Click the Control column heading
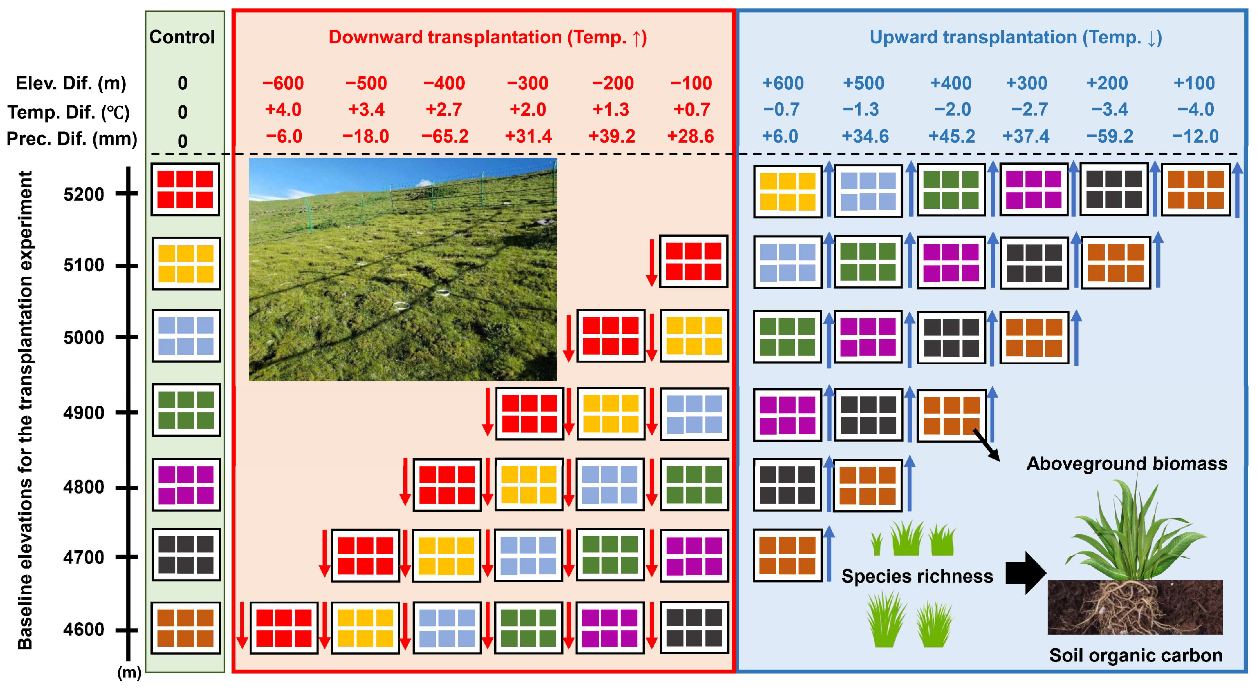[x=182, y=37]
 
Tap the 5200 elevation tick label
[x=84, y=194]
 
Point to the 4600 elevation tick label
[x=84, y=629]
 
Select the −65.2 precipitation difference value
[x=445, y=136]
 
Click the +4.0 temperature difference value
[x=283, y=109]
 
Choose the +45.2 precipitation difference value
[x=951, y=136]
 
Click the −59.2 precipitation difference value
[x=1109, y=136]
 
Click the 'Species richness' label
[x=917, y=576]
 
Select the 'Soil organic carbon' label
[x=1136, y=655]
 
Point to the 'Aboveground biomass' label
[x=1127, y=464]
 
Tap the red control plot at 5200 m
[x=185, y=189]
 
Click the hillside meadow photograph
[x=402, y=269]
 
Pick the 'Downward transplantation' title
[x=487, y=37]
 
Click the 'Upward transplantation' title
[x=1016, y=37]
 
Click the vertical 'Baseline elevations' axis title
[x=25, y=410]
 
